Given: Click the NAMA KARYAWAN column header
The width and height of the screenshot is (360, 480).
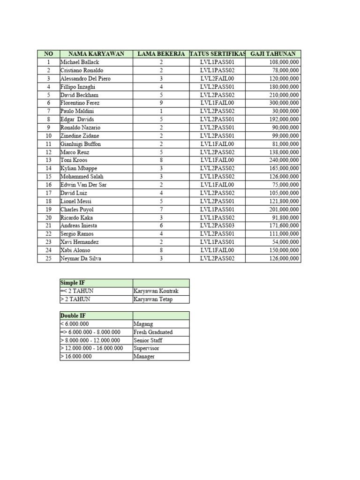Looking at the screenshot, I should (x=96, y=54).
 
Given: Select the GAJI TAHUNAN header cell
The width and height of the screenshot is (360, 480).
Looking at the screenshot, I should (x=273, y=54).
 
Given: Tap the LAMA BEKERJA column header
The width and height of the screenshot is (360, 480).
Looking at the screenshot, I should (x=161, y=54).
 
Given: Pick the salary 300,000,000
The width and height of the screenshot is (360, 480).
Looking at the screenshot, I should (x=283, y=103).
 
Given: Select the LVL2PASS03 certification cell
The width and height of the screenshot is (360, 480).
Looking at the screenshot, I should (x=217, y=225).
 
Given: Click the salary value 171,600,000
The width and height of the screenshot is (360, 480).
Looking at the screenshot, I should (x=283, y=225).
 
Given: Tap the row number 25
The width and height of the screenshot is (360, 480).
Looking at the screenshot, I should (x=48, y=258).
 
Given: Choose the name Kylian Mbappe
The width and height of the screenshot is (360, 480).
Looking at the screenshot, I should (x=77, y=168).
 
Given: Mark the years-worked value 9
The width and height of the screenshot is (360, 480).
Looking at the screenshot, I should (x=161, y=103).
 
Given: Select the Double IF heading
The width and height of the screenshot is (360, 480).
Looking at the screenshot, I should (x=72, y=315).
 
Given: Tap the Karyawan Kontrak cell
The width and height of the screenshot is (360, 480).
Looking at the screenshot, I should (x=156, y=291).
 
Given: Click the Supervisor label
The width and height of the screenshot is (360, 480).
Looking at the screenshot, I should (x=146, y=348).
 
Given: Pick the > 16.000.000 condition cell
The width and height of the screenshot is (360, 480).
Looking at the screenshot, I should (x=76, y=356).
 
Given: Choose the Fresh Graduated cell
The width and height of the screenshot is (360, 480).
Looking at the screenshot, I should (x=153, y=332).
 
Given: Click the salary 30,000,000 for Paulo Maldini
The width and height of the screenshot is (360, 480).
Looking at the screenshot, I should (x=285, y=111).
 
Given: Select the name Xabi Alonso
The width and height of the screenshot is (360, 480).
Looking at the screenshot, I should (x=75, y=250).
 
